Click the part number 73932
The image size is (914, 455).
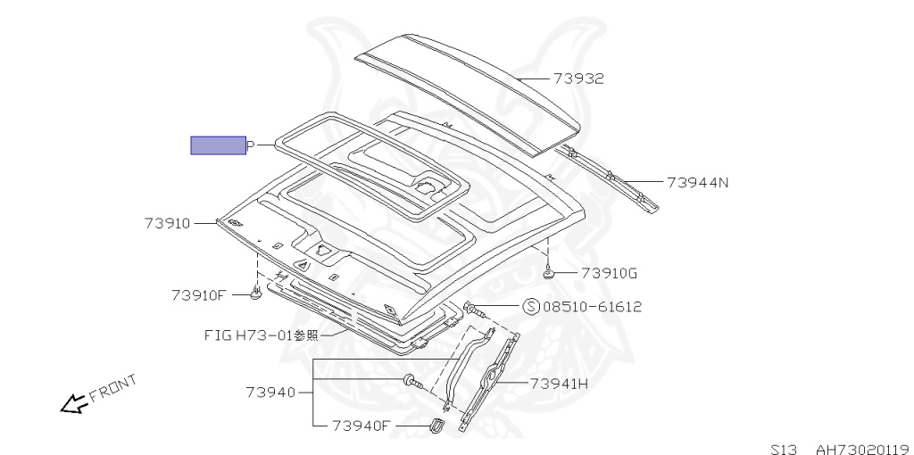pyautogui.click(x=578, y=79)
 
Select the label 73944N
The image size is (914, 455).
pyautogui.click(x=698, y=182)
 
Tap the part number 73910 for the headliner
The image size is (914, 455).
pyautogui.click(x=167, y=223)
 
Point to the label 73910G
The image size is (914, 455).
pyautogui.click(x=609, y=273)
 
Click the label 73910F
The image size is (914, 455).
pyautogui.click(x=198, y=295)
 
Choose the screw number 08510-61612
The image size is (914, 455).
pyautogui.click(x=593, y=306)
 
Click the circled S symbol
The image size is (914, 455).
pyautogui.click(x=531, y=306)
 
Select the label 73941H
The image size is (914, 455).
pyautogui.click(x=559, y=384)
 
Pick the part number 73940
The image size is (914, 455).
pyautogui.click(x=270, y=392)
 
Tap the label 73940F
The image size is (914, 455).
pyautogui.click(x=361, y=426)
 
